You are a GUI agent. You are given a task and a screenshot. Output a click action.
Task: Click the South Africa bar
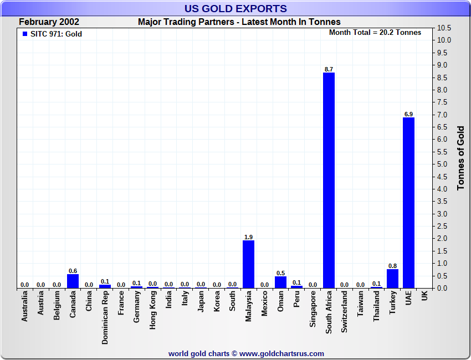click(x=329, y=180)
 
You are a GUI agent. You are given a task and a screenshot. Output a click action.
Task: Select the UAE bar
click(x=408, y=203)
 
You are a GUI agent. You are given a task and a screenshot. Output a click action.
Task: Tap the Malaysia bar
click(x=249, y=264)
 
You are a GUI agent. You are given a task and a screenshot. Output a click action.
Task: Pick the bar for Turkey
click(x=392, y=279)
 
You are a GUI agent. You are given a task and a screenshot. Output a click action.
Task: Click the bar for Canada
click(x=73, y=281)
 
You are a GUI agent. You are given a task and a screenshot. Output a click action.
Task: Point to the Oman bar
click(x=280, y=282)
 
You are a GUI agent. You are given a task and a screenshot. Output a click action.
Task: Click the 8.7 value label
click(x=329, y=69)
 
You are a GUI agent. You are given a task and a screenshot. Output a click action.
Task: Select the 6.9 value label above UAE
click(x=408, y=114)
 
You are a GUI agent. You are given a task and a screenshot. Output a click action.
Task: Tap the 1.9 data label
click(x=249, y=237)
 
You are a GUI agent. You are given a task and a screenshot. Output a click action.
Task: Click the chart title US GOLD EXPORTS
click(x=235, y=8)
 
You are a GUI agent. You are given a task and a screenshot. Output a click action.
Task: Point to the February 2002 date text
click(x=49, y=22)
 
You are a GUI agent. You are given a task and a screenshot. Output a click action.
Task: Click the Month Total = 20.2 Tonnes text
click(x=375, y=33)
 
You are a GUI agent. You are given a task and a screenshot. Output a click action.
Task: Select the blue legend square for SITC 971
click(x=24, y=34)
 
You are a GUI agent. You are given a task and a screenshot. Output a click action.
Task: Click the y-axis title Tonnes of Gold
click(x=460, y=158)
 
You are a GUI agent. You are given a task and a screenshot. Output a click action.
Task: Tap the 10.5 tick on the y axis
click(x=444, y=28)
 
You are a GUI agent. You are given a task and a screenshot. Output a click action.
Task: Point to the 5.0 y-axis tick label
click(x=442, y=164)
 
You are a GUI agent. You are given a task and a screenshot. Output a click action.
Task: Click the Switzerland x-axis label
click(x=345, y=312)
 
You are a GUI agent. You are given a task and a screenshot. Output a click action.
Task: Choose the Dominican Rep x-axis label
click(x=105, y=318)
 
